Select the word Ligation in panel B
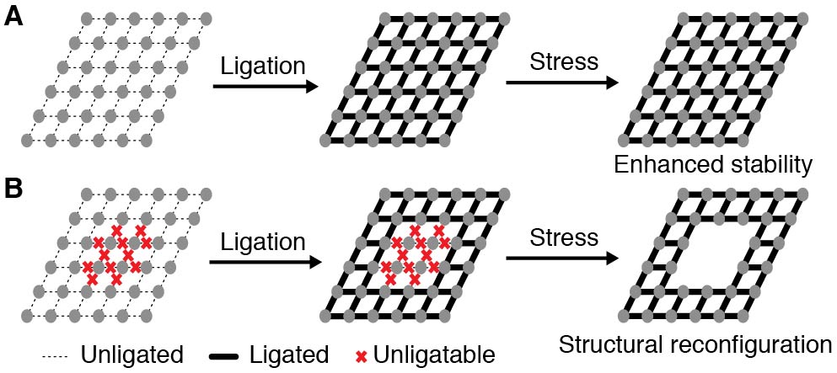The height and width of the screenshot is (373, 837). [262, 242]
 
